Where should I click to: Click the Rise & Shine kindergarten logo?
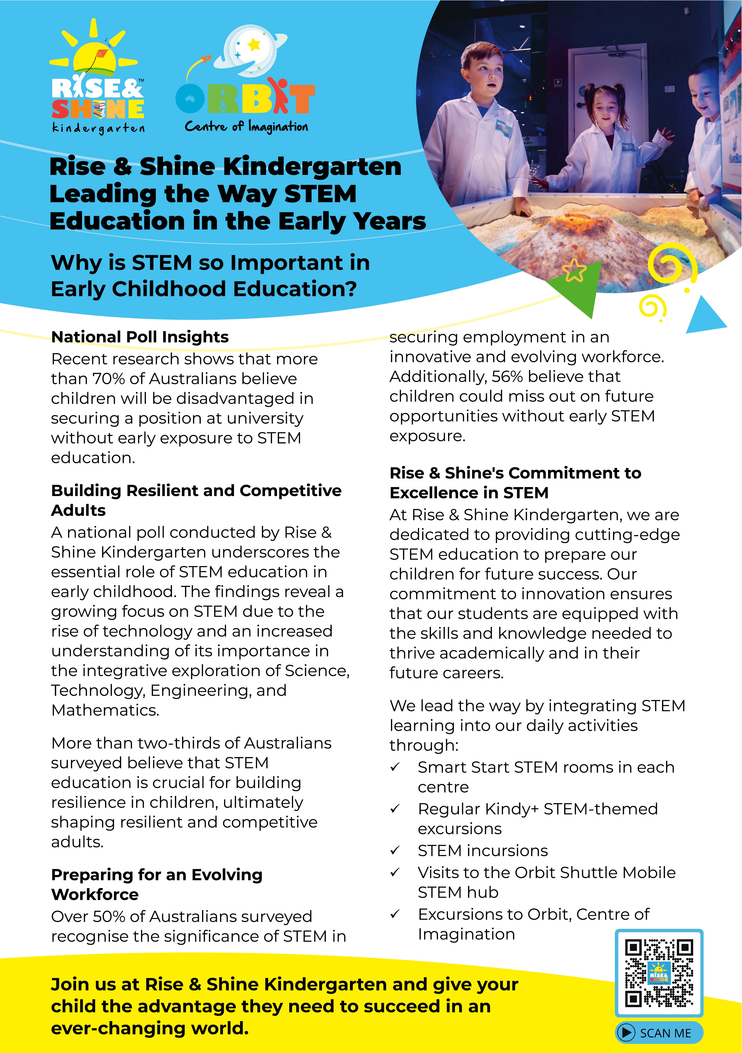coord(97,78)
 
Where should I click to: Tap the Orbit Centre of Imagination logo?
coord(245,80)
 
